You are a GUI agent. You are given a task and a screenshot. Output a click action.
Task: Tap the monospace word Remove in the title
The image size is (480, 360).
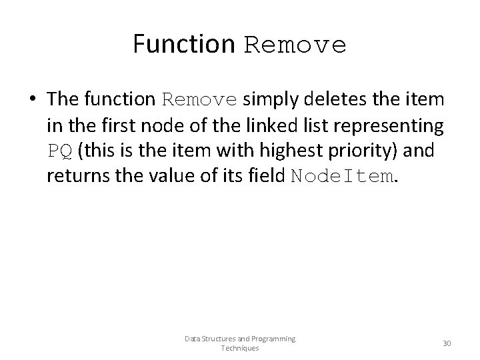[x=295, y=45]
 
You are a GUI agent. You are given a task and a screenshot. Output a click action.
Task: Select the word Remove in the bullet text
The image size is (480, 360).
[x=200, y=100]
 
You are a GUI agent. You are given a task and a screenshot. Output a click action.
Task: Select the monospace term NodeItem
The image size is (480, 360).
[x=341, y=177]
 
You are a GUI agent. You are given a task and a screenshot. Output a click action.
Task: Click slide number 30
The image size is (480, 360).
[x=447, y=343]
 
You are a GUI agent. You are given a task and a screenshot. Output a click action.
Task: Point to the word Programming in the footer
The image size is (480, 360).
[x=270, y=339]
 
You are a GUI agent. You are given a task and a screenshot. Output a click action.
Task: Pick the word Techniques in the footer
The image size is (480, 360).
[x=240, y=349]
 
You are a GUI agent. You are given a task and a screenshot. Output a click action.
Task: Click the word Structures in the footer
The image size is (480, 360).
[x=214, y=339]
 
